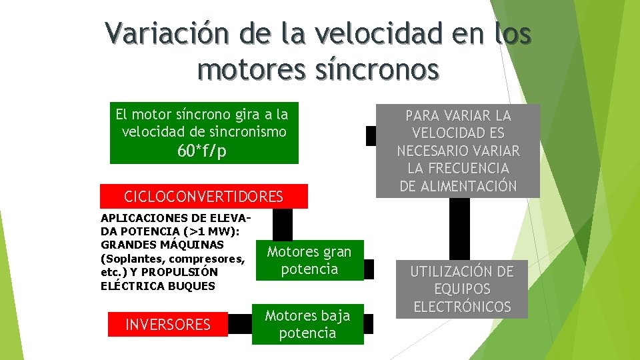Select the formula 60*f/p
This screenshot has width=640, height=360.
click(x=202, y=151)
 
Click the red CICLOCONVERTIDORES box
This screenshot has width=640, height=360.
click(x=204, y=197)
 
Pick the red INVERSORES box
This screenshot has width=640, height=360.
click(x=168, y=325)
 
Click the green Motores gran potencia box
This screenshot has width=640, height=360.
click(x=309, y=260)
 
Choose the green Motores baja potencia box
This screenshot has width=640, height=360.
click(x=307, y=324)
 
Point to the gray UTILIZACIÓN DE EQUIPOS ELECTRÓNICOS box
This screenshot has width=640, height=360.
click(x=462, y=289)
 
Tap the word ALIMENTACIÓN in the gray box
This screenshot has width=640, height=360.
click(x=458, y=186)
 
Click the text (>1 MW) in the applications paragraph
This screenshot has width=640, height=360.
click(x=215, y=231)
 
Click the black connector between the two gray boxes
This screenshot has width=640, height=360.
click(x=459, y=229)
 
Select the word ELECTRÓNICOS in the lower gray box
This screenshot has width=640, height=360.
click(x=462, y=307)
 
